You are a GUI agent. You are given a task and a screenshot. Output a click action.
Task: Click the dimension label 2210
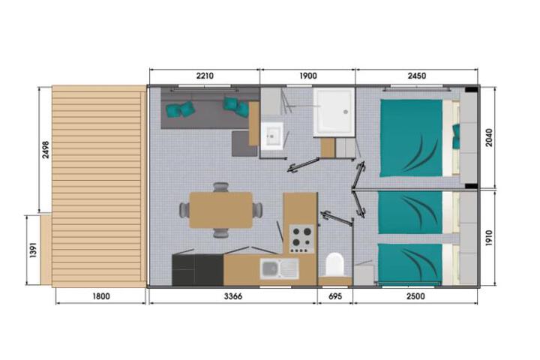click(205, 76)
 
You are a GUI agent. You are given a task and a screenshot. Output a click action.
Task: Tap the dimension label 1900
click(308, 76)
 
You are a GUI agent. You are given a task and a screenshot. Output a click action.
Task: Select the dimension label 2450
click(417, 76)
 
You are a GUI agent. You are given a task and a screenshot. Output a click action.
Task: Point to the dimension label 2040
click(489, 138)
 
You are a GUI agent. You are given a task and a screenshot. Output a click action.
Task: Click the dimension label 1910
click(489, 238)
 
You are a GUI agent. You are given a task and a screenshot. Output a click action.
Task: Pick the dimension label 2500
click(415, 296)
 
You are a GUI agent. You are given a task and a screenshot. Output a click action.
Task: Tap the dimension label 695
click(335, 296)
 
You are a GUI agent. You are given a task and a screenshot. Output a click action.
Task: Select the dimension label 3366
click(233, 296)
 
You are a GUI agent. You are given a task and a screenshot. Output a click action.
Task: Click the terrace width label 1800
click(101, 296)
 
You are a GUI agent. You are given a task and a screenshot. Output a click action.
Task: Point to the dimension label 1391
click(33, 250)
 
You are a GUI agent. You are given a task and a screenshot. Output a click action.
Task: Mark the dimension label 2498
click(46, 150)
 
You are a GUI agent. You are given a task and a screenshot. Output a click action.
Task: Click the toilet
click(335, 265)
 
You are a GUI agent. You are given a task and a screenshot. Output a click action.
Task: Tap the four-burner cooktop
click(302, 238)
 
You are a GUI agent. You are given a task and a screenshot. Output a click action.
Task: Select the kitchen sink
click(279, 268)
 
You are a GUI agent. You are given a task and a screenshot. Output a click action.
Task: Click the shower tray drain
click(345, 112)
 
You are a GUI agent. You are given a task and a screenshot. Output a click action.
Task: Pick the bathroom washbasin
click(272, 136)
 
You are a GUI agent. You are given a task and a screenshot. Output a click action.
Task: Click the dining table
click(220, 210)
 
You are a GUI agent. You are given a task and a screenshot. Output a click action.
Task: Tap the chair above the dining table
click(220, 187)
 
